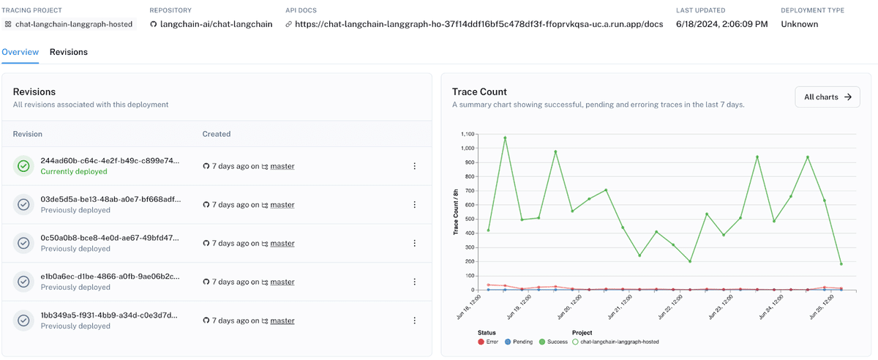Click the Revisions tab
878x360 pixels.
click(68, 52)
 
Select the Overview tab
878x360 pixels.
click(20, 52)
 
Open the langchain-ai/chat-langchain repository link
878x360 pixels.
click(216, 24)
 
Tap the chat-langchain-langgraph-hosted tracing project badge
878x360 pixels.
click(73, 24)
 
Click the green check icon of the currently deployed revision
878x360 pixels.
click(23, 166)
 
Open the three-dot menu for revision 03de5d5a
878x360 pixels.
click(414, 205)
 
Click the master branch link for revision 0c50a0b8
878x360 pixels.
click(282, 244)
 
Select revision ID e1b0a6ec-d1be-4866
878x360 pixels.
click(110, 277)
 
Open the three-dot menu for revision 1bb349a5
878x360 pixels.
click(414, 320)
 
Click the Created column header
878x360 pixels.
click(217, 134)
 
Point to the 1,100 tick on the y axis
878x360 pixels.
click(465, 135)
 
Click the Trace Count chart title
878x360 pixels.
click(479, 91)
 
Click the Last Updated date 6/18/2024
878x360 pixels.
click(722, 24)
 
